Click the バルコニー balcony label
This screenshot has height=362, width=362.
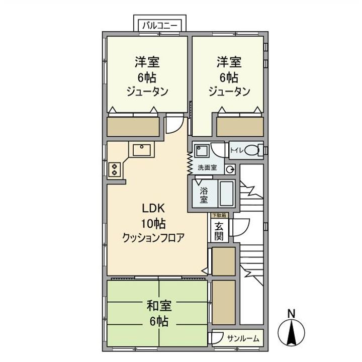coord(161,24)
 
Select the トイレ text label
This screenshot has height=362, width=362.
coord(237,150)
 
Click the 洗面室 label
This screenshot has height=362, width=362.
coord(207,168)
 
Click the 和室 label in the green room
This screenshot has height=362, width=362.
coord(159,305)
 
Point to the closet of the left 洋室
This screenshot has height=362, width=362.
coord(134,126)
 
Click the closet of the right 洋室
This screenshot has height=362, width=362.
coord(240,126)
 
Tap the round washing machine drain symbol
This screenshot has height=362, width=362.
coord(230,168)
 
